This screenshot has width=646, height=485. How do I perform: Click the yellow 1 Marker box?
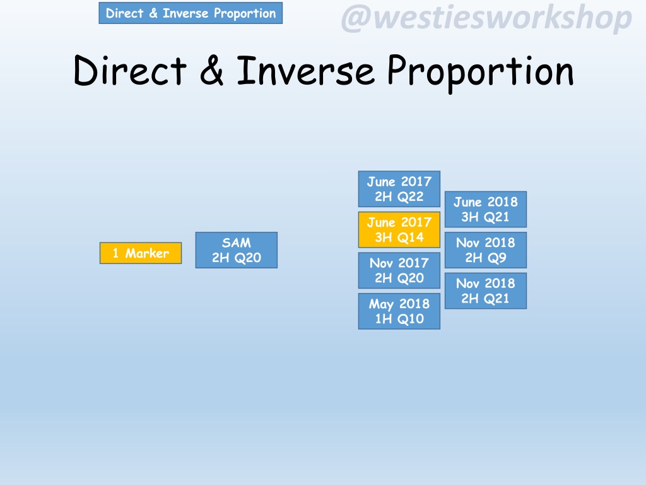click(x=141, y=253)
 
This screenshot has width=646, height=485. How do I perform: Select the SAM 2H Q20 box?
click(x=237, y=250)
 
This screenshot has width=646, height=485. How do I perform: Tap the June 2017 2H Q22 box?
click(x=399, y=189)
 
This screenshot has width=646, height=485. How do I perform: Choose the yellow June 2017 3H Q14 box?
click(x=399, y=230)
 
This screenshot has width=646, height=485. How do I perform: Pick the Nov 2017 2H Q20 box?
click(x=399, y=270)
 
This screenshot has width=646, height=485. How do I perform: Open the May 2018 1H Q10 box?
click(x=399, y=311)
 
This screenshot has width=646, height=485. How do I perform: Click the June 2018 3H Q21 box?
click(x=486, y=209)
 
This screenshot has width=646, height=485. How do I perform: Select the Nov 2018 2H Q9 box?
click(x=486, y=250)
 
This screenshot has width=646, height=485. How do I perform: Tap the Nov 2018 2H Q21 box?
click(x=486, y=290)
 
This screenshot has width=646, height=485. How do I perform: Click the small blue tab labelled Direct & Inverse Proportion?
click(x=191, y=13)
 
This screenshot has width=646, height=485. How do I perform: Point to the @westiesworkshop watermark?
click(x=486, y=18)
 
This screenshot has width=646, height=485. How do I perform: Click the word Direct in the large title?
click(x=130, y=71)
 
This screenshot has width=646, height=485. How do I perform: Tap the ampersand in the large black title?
click(x=212, y=71)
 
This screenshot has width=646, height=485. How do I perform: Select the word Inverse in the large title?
click(x=306, y=71)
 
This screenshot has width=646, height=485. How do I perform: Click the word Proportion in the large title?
click(x=480, y=73)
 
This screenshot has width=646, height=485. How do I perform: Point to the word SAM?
click(x=237, y=242)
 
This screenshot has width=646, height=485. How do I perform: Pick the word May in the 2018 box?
click(x=382, y=304)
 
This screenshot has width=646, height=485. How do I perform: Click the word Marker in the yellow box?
click(x=147, y=253)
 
